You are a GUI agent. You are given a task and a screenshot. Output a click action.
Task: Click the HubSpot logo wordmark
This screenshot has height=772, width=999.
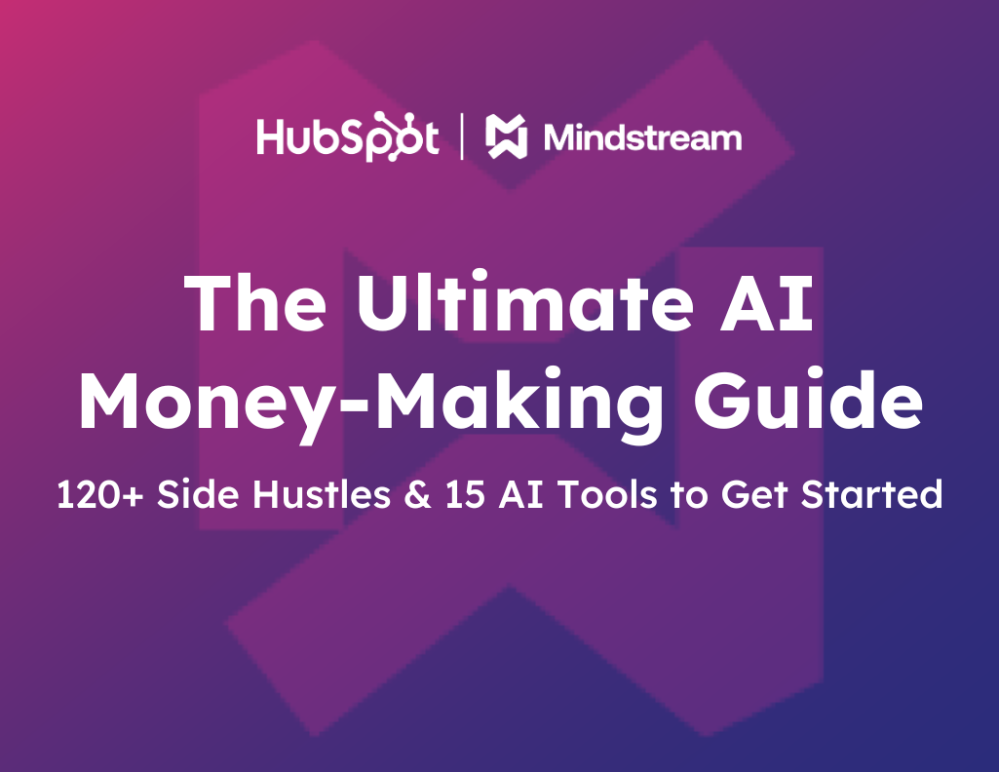(x=347, y=137)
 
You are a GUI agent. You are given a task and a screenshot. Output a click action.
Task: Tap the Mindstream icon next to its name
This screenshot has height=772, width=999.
(x=507, y=137)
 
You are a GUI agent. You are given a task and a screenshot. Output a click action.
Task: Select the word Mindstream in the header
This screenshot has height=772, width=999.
(x=642, y=137)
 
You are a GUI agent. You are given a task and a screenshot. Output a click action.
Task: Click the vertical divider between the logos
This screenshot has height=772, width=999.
(x=462, y=137)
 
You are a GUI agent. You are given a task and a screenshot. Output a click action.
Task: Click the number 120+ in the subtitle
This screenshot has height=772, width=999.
(x=99, y=495)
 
